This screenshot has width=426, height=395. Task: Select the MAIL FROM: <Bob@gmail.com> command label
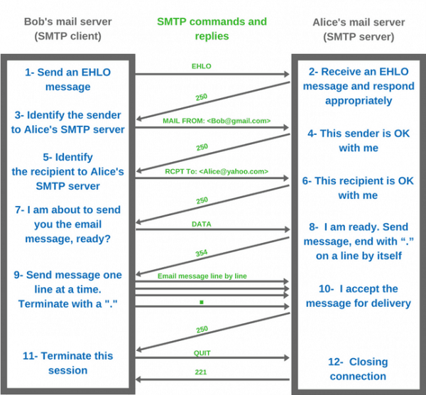coord(212,121)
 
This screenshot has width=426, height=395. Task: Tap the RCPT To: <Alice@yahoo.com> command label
coord(212,171)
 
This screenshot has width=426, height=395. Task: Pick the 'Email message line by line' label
coord(212,276)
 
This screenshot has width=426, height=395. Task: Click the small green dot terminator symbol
coord(202,302)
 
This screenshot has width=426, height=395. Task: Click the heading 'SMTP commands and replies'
coord(212,29)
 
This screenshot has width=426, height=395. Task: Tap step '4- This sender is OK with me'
coord(358,141)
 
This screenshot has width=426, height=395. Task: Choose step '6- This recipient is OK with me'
coord(358,188)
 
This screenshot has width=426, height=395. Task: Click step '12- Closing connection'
coord(358,369)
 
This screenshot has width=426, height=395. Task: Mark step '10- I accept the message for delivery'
coord(358,296)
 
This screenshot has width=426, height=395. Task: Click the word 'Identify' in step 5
coord(73,157)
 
